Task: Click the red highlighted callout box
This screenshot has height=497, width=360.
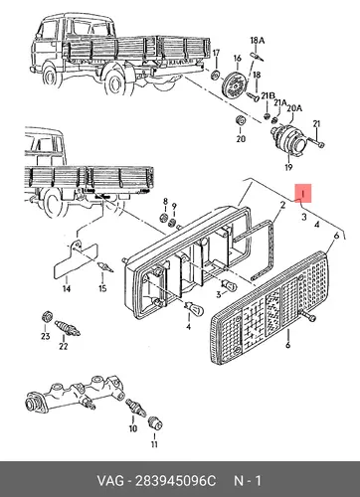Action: pyautogui.click(x=303, y=193)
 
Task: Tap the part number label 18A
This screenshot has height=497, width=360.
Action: pyautogui.click(x=258, y=41)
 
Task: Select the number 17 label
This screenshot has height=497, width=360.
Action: pyautogui.click(x=216, y=53)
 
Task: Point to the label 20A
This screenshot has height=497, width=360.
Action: pyautogui.click(x=294, y=108)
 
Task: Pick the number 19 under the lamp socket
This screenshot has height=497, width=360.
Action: pyautogui.click(x=288, y=167)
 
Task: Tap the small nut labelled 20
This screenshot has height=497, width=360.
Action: pyautogui.click(x=240, y=121)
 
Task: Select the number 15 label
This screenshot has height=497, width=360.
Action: pyautogui.click(x=102, y=288)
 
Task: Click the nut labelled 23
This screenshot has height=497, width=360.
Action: pyautogui.click(x=47, y=316)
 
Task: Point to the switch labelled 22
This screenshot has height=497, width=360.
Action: pyautogui.click(x=68, y=328)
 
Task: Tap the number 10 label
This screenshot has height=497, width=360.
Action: pyautogui.click(x=133, y=428)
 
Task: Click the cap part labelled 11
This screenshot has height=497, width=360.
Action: pyautogui.click(x=155, y=422)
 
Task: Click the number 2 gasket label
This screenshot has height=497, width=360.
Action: pyautogui.click(x=282, y=205)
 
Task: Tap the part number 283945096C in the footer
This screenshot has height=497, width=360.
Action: pyautogui.click(x=175, y=481)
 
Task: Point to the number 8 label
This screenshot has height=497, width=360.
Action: pyautogui.click(x=165, y=201)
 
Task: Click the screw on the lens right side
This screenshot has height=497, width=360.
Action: pyautogui.click(x=308, y=317)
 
